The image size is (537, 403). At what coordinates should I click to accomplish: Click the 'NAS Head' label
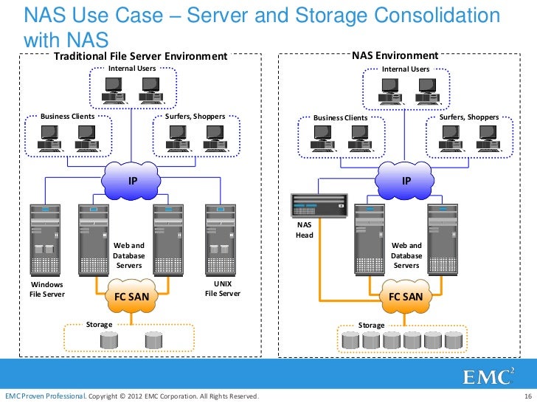click(x=305, y=231)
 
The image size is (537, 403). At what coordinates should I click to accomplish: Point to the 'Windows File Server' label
click(x=47, y=289)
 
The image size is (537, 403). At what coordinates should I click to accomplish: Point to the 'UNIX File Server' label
click(x=222, y=289)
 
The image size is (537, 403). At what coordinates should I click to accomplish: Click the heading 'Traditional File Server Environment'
click(x=139, y=56)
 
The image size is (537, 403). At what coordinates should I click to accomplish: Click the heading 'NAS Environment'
click(x=395, y=56)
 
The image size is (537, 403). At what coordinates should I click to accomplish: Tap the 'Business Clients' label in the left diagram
click(x=67, y=117)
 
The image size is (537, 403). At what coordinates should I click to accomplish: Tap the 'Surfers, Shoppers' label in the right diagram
click(x=468, y=117)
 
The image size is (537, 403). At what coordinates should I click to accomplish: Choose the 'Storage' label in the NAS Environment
click(x=371, y=325)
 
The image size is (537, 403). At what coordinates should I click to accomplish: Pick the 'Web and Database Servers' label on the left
click(x=129, y=255)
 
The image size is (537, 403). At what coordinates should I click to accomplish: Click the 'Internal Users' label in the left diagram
click(x=132, y=69)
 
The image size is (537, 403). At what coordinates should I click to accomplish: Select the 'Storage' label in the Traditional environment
click(x=100, y=324)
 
